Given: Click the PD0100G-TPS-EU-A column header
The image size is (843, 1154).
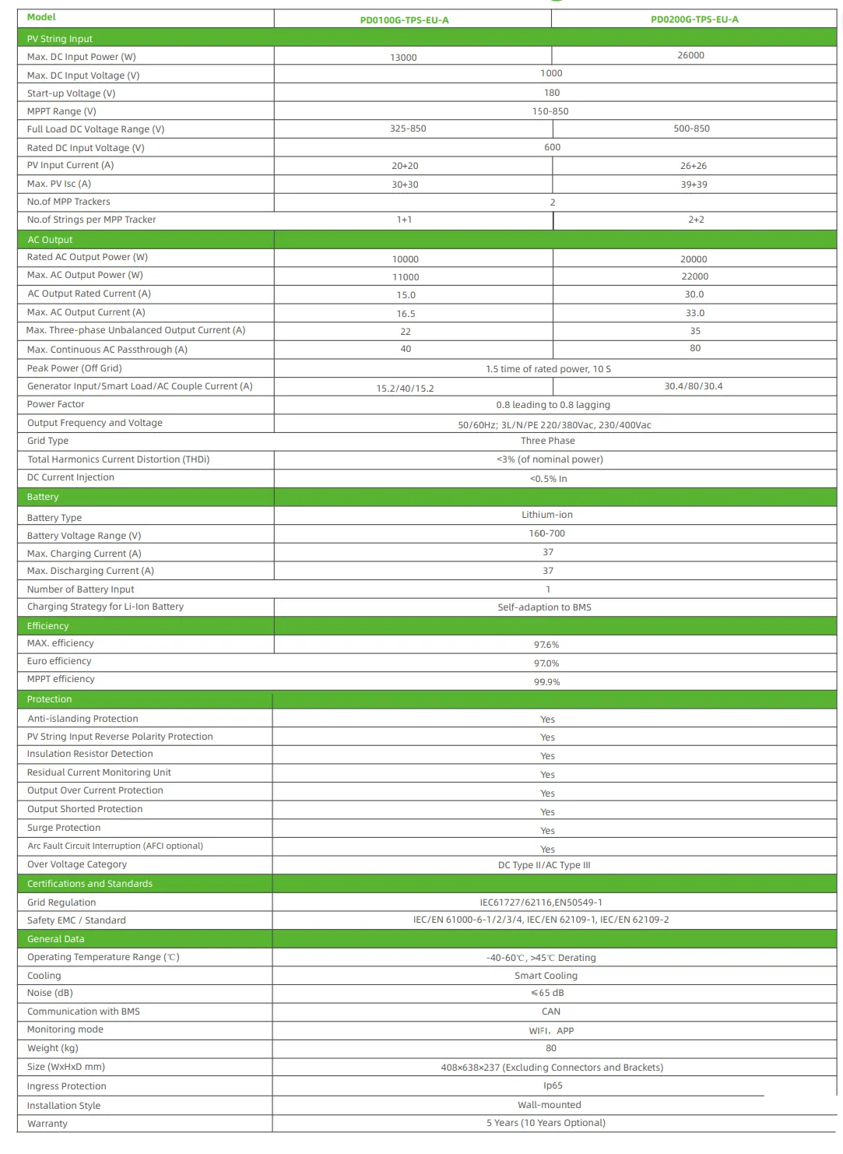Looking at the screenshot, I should tap(404, 20).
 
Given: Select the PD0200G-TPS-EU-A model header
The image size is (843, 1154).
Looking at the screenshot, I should tap(694, 19).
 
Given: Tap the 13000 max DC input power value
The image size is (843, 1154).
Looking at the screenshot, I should tap(403, 58).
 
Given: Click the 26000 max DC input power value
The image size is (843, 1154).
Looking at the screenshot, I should tap(690, 55).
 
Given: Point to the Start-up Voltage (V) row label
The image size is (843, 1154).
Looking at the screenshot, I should tap(71, 93).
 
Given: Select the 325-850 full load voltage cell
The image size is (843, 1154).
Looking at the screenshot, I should tap(408, 128).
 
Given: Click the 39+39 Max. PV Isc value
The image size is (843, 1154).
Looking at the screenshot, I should tap(694, 185).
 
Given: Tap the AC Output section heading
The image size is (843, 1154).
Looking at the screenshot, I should tap(50, 240).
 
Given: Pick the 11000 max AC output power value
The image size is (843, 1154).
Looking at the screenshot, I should tap(406, 277).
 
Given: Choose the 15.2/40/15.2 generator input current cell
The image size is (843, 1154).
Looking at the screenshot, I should tap(406, 389).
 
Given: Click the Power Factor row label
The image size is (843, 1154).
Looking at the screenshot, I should tap(55, 404).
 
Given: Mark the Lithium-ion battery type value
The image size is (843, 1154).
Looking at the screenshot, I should tap(547, 515).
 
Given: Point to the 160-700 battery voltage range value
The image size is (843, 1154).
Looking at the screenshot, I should tap(547, 533).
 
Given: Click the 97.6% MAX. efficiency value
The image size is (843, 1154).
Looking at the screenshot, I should tap(546, 645).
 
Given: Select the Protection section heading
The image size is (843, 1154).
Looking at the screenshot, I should tap(49, 699).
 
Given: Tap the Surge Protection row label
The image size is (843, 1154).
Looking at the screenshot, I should tap(64, 828).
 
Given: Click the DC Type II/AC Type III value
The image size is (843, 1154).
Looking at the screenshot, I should tap(544, 865).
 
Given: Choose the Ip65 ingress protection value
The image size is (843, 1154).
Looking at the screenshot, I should tap(553, 1085).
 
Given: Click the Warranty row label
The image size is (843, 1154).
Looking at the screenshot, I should tap(47, 1124).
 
